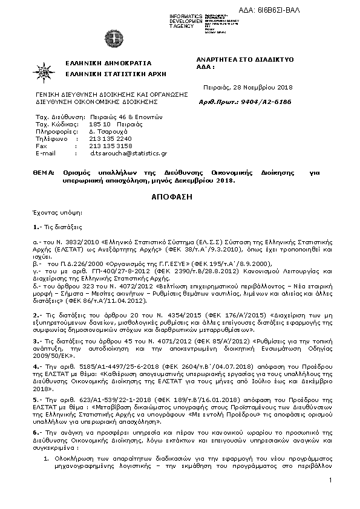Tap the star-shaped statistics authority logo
[46, 71]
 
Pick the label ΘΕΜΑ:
[44, 172]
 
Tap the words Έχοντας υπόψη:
[54, 213]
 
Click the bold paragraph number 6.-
[37, 433]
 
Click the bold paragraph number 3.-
[37, 342]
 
